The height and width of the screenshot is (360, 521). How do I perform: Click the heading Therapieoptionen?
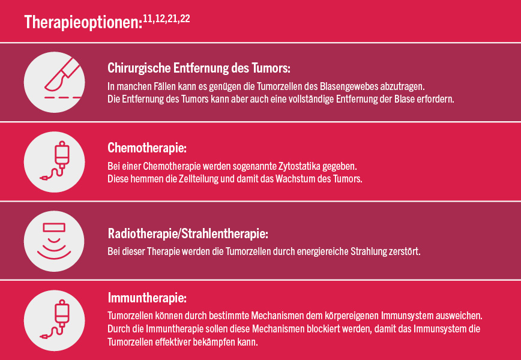[x=83, y=22]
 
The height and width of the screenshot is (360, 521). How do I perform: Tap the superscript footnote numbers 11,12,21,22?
[x=166, y=19]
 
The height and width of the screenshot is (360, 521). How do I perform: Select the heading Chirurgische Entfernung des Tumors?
[x=199, y=68]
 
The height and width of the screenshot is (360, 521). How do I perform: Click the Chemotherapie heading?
[x=147, y=148]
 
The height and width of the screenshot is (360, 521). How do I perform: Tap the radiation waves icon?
[x=54, y=241]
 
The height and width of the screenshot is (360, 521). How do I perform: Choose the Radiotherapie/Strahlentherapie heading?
[x=188, y=234]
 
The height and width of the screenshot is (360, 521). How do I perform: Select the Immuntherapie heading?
[x=147, y=298]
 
